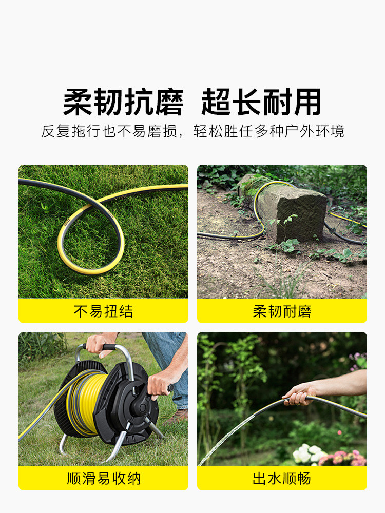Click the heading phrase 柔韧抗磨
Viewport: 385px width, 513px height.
[123, 102]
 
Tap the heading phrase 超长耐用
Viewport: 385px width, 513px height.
[261, 102]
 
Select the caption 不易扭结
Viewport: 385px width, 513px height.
[103, 311]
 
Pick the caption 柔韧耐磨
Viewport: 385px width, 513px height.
[282, 311]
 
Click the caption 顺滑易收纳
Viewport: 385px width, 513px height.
[104, 478]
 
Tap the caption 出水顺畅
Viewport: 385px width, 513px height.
[282, 478]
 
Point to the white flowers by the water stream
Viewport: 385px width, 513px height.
[307, 453]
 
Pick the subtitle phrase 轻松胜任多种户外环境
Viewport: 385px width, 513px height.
[269, 131]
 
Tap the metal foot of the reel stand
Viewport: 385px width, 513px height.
[64, 445]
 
